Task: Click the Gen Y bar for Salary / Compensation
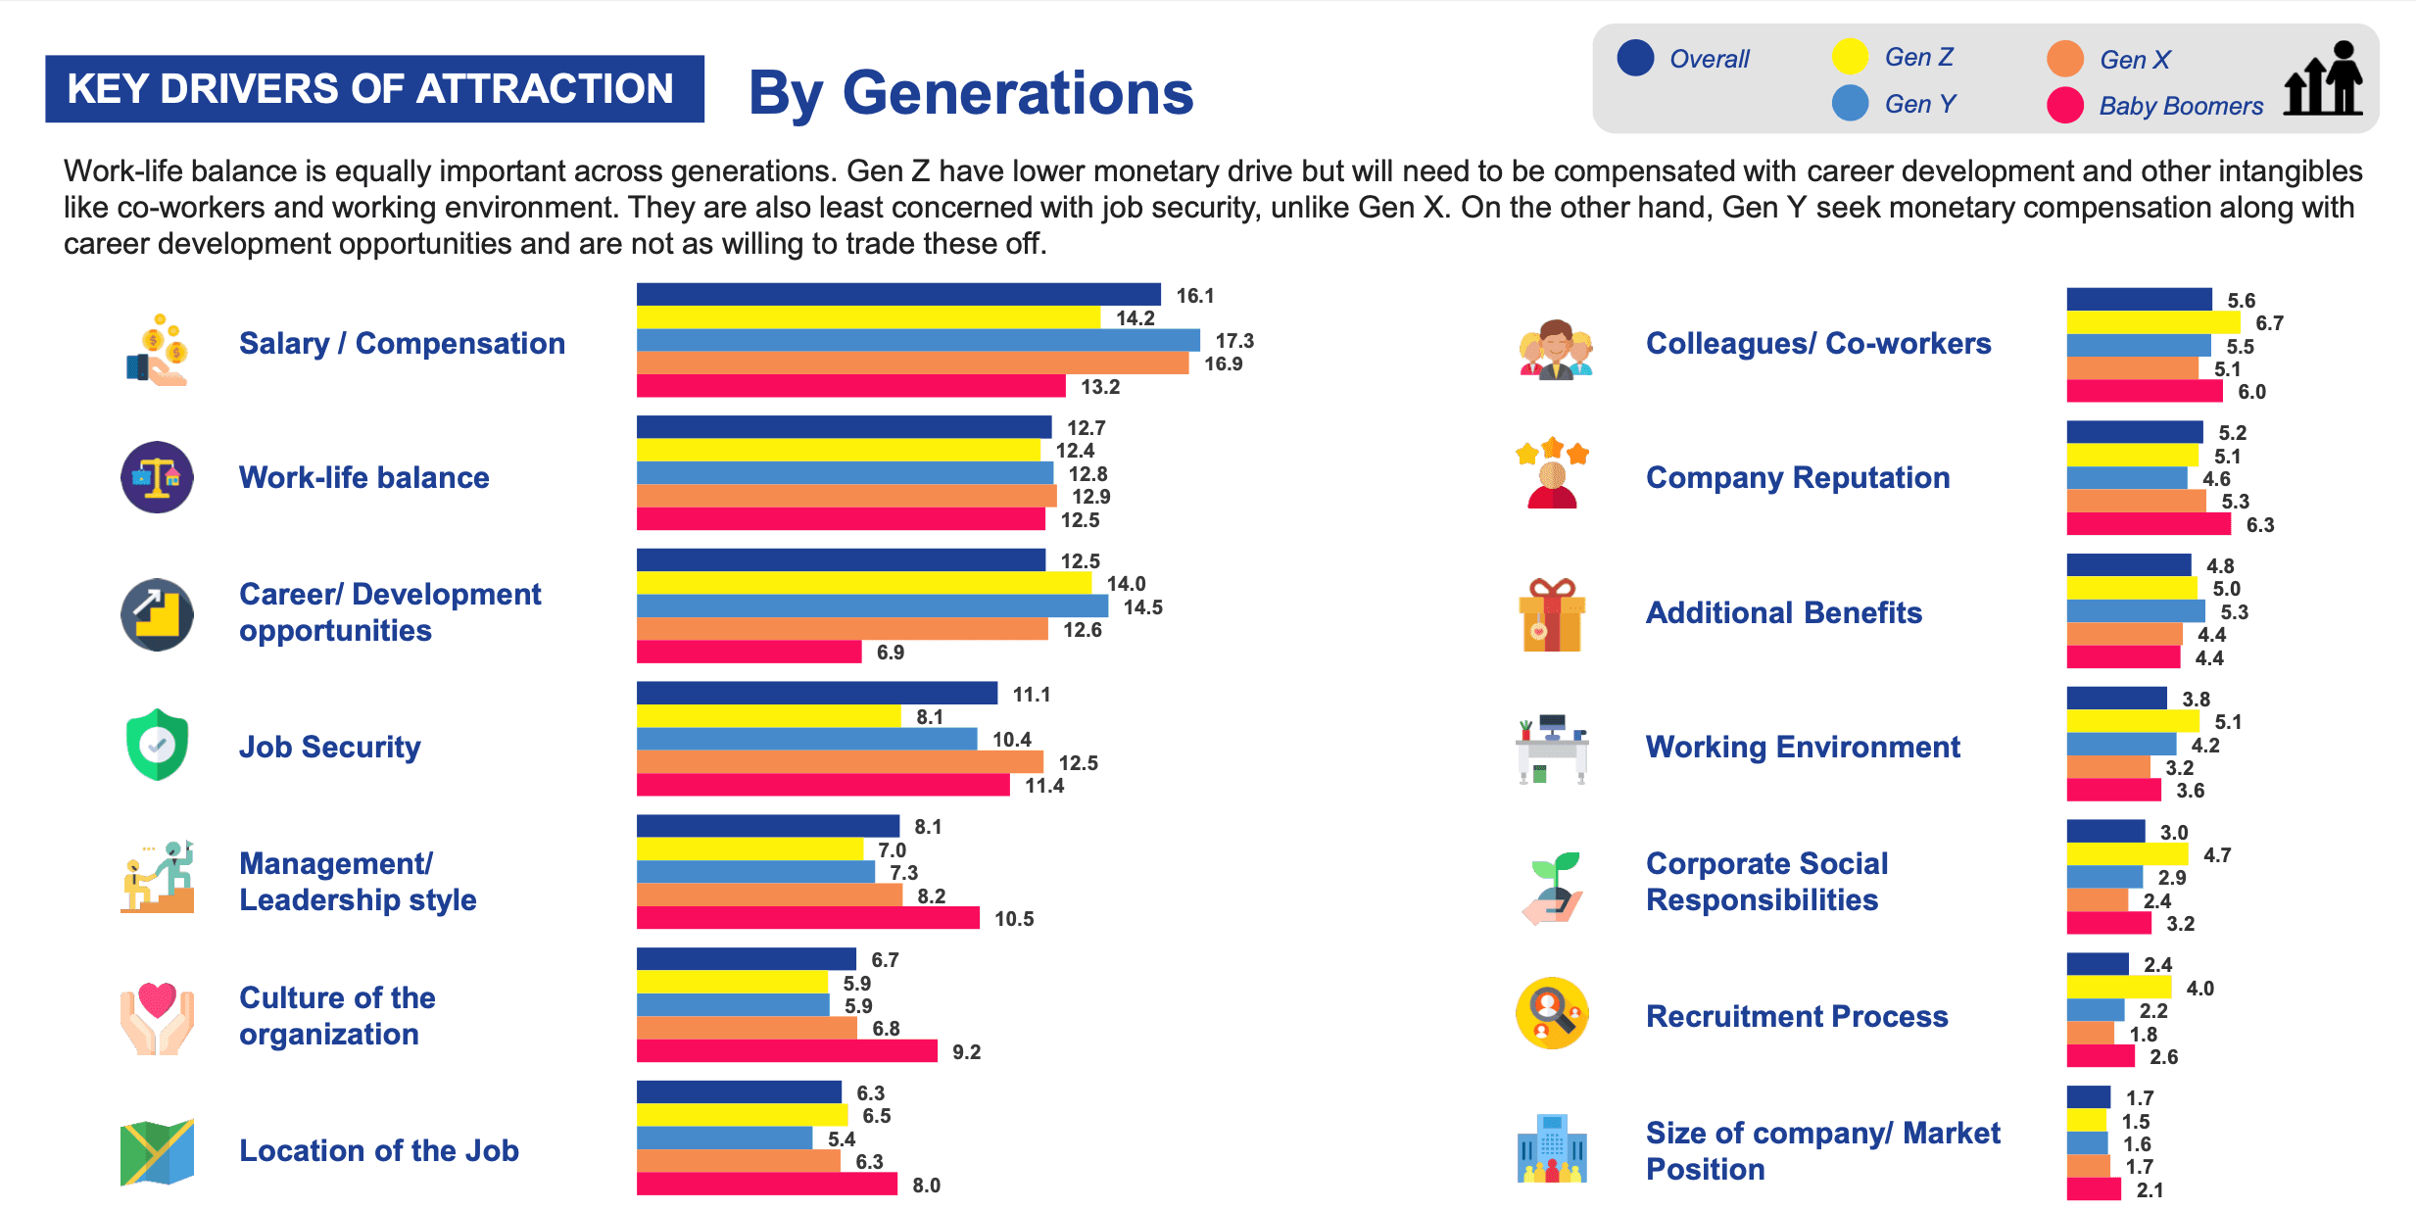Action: pos(917,340)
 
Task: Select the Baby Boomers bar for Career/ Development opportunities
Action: pos(749,652)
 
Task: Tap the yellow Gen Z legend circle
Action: pos(1850,57)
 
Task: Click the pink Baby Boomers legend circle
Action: pos(2065,105)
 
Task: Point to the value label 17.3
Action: pos(1234,341)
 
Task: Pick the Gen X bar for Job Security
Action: pos(839,762)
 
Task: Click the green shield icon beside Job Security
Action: pos(157,745)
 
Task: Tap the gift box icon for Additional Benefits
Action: pos(1552,614)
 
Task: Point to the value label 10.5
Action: pos(1014,919)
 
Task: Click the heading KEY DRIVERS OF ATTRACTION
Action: pos(370,89)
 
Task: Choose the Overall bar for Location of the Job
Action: pos(739,1091)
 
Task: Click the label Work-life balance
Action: pos(363,477)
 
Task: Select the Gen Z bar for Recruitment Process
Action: pos(2118,988)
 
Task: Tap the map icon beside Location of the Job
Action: pos(157,1151)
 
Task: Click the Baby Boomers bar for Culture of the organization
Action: pos(786,1051)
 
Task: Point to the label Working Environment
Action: pos(1803,747)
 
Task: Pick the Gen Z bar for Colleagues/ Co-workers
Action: pos(2152,322)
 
